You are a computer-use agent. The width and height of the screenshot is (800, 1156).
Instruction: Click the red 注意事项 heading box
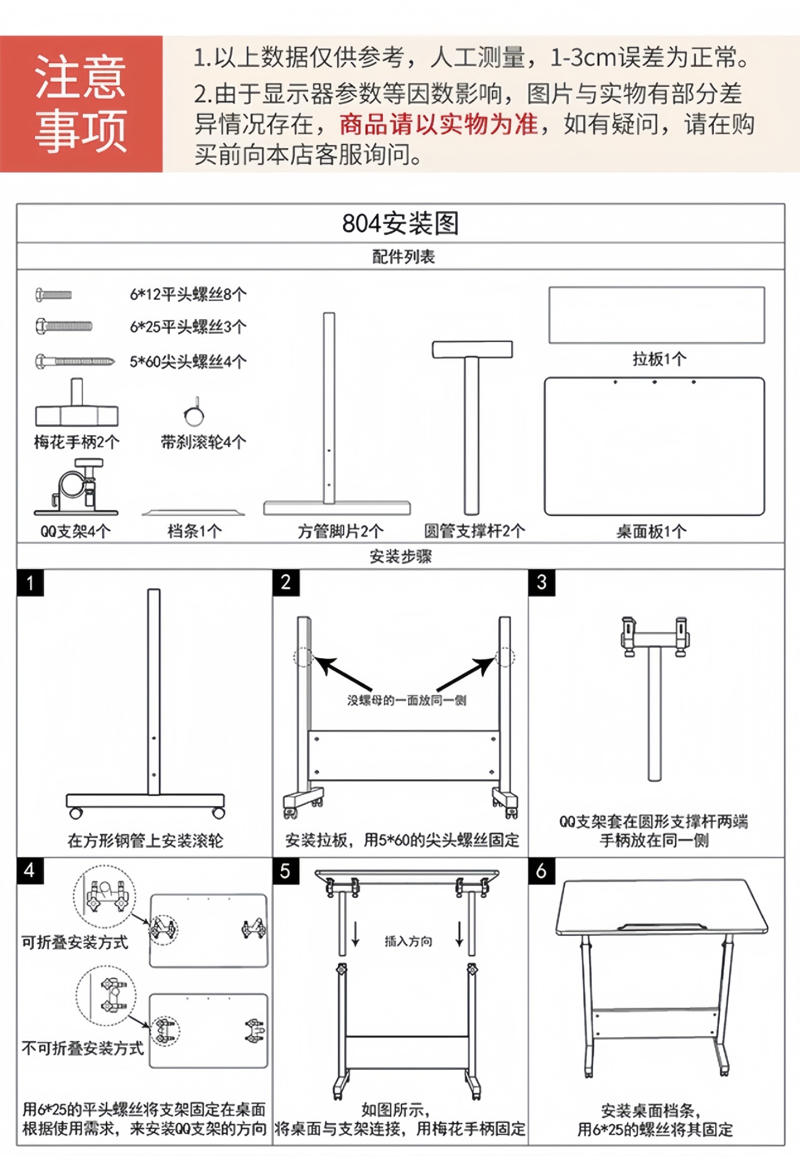pos(81,104)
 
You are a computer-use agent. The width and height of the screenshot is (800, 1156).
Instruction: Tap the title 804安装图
pos(400,223)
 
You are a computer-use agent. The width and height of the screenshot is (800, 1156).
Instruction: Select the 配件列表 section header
pos(403,257)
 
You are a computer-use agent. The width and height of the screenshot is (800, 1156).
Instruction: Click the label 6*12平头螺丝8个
pos(188,294)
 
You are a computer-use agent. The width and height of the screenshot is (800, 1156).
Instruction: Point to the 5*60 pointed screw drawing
pos(75,361)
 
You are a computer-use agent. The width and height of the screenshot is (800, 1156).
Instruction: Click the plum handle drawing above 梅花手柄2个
pos(76,404)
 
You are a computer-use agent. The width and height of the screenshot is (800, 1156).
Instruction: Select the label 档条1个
pos(194,531)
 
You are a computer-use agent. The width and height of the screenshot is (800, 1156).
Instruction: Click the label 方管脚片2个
pos(340,531)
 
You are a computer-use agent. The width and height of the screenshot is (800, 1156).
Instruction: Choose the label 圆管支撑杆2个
pos(474,531)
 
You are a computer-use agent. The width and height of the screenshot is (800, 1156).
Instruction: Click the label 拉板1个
pos(659,359)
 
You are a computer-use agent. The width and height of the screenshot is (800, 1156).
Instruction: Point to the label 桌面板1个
pos(651,531)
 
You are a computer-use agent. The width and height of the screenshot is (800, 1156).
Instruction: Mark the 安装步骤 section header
pos(400,556)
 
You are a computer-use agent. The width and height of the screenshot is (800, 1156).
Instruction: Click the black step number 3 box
pos(542,582)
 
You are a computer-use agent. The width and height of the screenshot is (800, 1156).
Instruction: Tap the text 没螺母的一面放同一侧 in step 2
pos(406,700)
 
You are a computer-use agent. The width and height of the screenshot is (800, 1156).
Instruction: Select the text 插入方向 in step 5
pos(408,942)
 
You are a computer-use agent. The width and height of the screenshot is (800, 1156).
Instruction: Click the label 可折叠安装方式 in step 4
pos(75,942)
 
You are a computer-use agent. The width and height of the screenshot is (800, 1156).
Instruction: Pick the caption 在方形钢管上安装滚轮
pos(145,841)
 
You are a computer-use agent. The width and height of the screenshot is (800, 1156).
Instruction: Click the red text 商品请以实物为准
pos(438,125)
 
